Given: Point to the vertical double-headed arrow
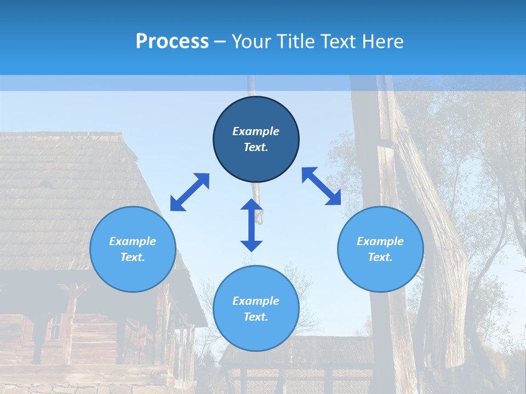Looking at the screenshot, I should point(251,225).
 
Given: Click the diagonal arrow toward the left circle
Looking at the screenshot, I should point(190,192).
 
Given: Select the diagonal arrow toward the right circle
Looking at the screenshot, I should point(321,186).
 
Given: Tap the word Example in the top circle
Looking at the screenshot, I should point(256,131).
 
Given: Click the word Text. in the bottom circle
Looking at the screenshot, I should point(256,317).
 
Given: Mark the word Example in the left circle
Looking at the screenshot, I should point(133,241).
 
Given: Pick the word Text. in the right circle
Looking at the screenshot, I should point(380,257).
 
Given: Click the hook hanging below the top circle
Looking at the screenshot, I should point(260,216).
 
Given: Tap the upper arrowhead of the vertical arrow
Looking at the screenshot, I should point(251,205).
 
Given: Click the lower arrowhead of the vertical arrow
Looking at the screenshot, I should point(251,245).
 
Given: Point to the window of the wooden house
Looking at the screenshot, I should point(55,328).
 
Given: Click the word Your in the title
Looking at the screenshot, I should point(251,42).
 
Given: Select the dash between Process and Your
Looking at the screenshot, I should point(220,42).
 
